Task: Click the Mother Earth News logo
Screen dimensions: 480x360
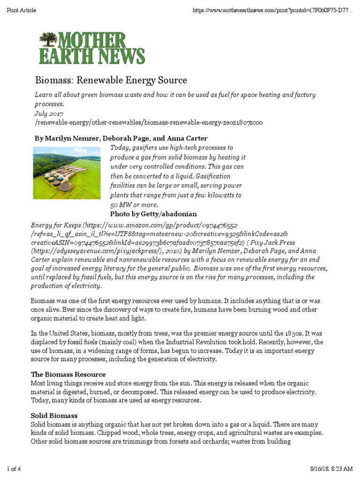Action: pos(92,48)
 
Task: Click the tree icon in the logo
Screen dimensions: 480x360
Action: pos(47,39)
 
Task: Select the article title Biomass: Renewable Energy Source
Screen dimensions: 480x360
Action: pos(111,80)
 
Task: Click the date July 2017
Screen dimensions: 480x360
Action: pos(49,113)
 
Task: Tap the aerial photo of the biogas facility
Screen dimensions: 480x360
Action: pos(67,172)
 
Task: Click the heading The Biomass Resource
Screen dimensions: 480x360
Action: pos(68,375)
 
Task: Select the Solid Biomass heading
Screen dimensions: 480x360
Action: pos(54,416)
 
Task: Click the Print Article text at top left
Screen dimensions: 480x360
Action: pos(21,10)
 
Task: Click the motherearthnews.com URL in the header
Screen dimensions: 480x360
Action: pos(272,10)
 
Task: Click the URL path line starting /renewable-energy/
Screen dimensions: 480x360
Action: pos(149,123)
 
